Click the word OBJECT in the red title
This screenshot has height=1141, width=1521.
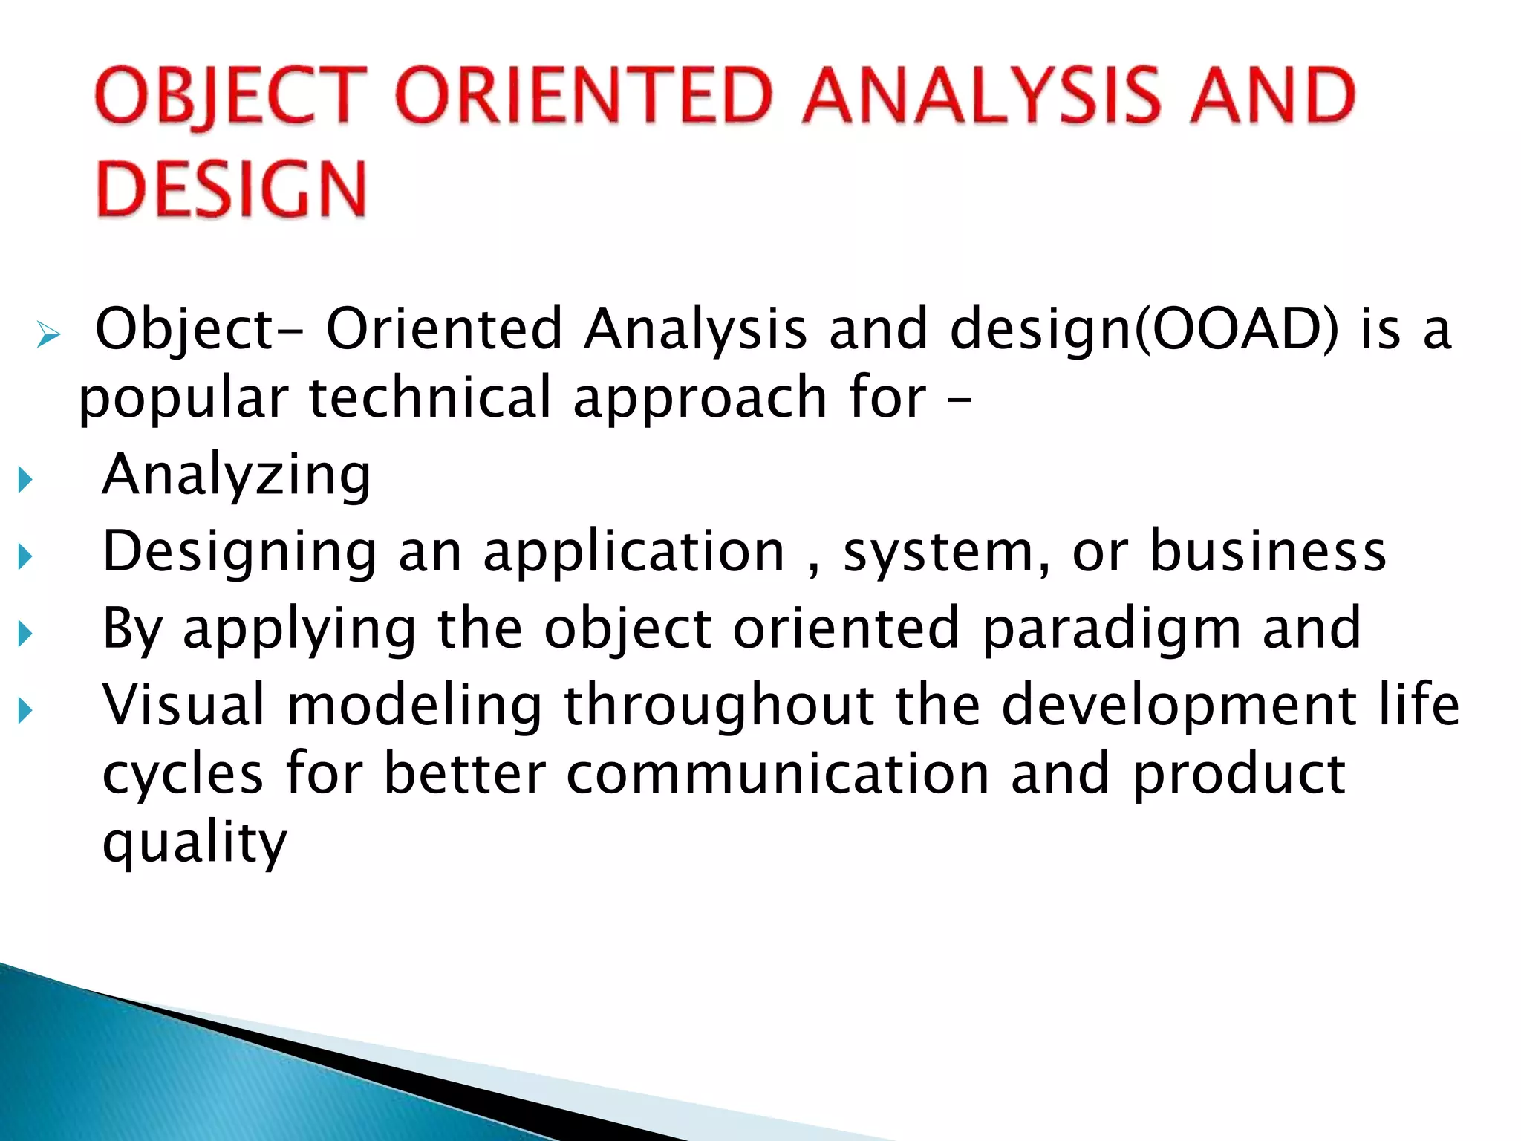point(231,95)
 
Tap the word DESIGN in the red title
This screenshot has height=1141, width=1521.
point(231,189)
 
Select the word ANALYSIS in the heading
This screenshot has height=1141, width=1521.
point(981,95)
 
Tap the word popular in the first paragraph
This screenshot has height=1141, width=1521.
point(183,398)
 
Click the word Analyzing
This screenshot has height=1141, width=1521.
point(236,475)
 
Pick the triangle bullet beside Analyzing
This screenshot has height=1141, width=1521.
point(25,479)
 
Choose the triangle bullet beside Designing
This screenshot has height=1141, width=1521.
point(25,556)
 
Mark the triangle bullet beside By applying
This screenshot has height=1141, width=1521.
point(25,634)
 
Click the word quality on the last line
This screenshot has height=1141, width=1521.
point(195,843)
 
